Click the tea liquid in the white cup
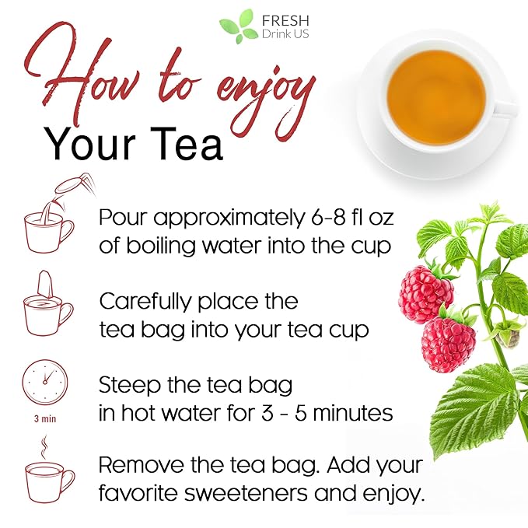click(x=435, y=86)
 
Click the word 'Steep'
click(x=124, y=385)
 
